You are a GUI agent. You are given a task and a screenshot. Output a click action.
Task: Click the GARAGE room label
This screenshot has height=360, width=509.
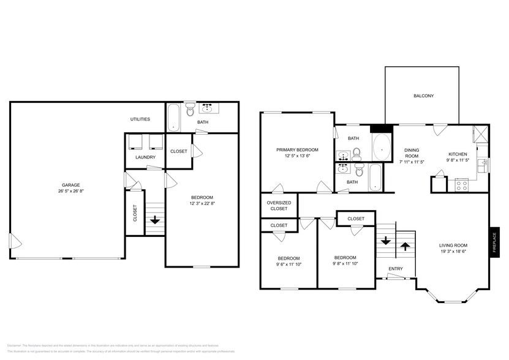[x=70, y=184]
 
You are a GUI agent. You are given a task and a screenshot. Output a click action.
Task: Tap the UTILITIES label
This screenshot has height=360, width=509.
[x=140, y=119]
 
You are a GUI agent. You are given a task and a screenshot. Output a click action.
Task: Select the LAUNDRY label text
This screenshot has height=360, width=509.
[x=145, y=157]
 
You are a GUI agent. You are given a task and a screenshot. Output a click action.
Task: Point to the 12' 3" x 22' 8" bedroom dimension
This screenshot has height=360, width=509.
[x=202, y=203]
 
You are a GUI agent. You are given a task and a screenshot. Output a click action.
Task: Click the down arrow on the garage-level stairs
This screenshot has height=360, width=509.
[x=155, y=219]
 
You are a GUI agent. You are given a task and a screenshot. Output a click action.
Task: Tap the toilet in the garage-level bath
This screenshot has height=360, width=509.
[x=190, y=111]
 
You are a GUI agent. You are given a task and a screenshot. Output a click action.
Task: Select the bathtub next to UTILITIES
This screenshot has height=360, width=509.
[x=173, y=117]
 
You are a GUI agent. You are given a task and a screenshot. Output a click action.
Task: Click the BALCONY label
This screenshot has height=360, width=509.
[x=423, y=96]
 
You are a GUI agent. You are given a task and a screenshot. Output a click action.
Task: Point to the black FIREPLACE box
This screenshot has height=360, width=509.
[x=494, y=242]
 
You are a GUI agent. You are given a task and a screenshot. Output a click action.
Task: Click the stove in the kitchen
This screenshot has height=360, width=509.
[x=461, y=184]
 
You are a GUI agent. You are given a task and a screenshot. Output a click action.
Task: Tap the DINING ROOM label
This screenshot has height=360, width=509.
[x=411, y=152]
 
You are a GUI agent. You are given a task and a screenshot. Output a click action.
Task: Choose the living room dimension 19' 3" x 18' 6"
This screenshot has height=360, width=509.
[x=453, y=251]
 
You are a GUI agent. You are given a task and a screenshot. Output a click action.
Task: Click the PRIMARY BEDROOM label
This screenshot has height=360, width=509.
[x=297, y=149]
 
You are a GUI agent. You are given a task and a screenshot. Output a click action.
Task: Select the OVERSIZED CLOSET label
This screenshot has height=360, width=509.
[x=279, y=206]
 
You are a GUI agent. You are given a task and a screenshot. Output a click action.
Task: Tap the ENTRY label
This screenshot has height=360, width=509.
[x=396, y=269]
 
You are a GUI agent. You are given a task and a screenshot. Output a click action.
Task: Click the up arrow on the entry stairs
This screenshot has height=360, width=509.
[x=404, y=246]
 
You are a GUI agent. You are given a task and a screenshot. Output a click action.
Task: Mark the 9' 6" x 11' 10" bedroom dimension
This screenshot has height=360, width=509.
[x=288, y=265]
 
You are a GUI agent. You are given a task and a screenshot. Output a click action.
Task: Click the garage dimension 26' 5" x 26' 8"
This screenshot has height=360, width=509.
[x=70, y=191]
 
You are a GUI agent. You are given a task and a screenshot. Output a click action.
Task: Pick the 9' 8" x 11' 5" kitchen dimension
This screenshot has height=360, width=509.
[x=458, y=160]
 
